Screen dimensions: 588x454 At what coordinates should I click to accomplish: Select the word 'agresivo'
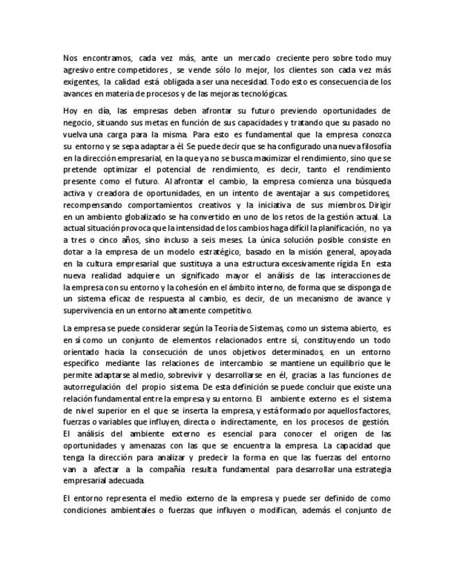(78, 71)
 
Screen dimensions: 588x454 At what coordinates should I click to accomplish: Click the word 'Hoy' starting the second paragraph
(70, 110)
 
